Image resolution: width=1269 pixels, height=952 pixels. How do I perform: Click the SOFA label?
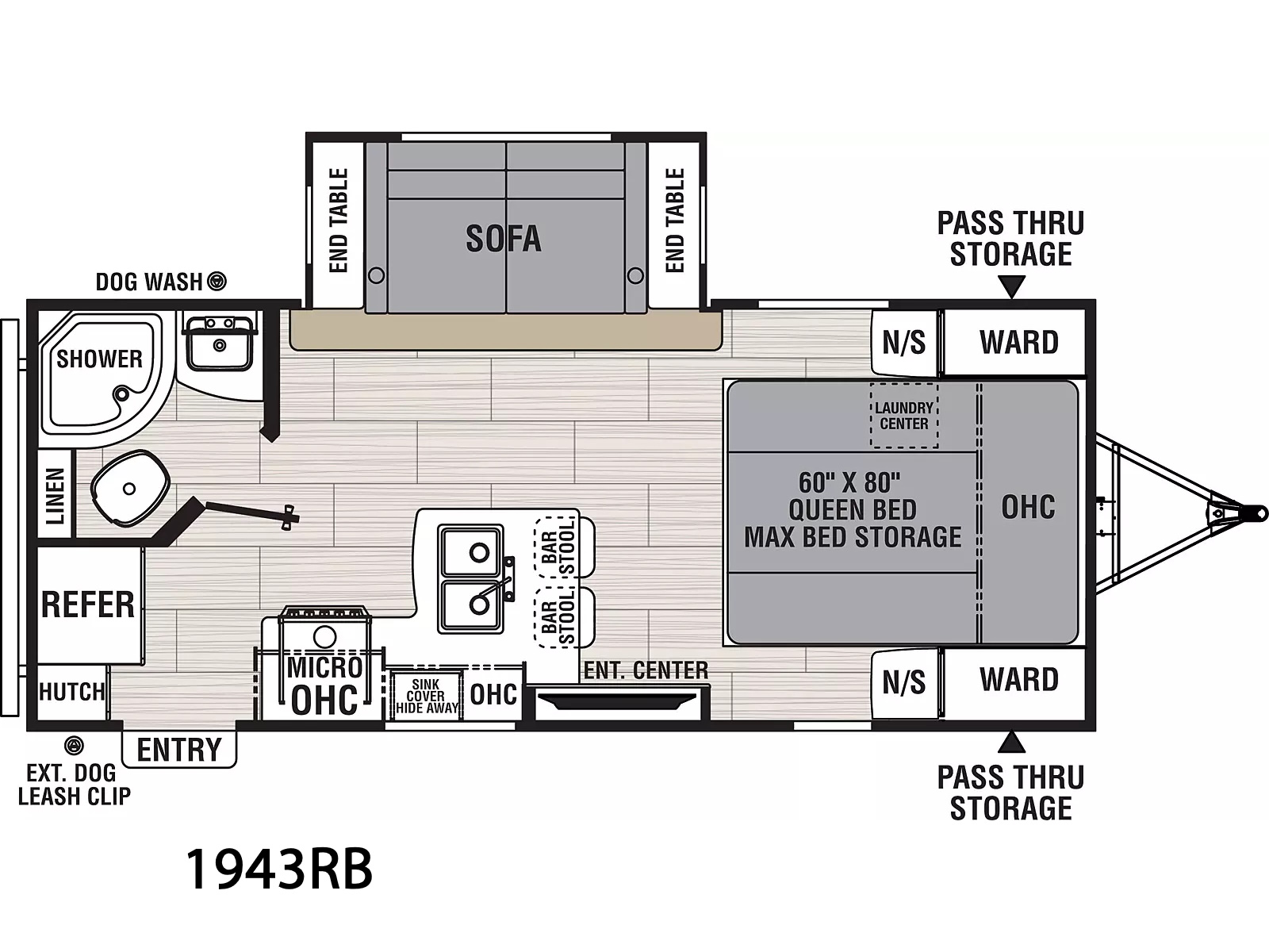pyautogui.click(x=504, y=239)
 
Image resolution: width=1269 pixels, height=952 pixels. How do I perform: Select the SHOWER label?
pyautogui.click(x=99, y=359)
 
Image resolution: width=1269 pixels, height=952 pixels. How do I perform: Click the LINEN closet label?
pyautogui.click(x=55, y=497)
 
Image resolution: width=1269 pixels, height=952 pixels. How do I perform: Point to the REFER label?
pyautogui.click(x=88, y=605)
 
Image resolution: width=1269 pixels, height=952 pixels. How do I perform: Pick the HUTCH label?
pyautogui.click(x=72, y=691)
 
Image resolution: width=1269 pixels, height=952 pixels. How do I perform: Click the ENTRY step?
pyautogui.click(x=179, y=749)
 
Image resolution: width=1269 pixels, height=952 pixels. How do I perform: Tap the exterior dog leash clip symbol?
pyautogui.click(x=74, y=746)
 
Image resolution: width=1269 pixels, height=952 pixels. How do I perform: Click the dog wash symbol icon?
pyautogui.click(x=217, y=282)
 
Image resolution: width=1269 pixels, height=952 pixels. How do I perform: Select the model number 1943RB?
pyautogui.click(x=279, y=869)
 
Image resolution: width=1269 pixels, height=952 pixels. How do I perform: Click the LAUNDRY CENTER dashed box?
pyautogui.click(x=904, y=415)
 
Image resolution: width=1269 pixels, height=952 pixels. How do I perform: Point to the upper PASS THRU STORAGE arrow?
pyautogui.click(x=1011, y=286)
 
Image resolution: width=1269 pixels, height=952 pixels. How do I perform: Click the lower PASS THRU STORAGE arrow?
pyautogui.click(x=1011, y=742)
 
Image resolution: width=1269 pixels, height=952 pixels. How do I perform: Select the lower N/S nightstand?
pyautogui.click(x=904, y=683)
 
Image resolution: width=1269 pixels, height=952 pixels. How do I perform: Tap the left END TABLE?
pyautogui.click(x=338, y=221)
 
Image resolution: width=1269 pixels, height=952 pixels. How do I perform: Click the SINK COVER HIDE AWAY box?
pyautogui.click(x=427, y=696)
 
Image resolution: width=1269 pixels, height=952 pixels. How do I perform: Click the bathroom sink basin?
pyautogui.click(x=219, y=346)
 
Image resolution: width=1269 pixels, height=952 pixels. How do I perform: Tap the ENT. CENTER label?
pyautogui.click(x=646, y=670)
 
